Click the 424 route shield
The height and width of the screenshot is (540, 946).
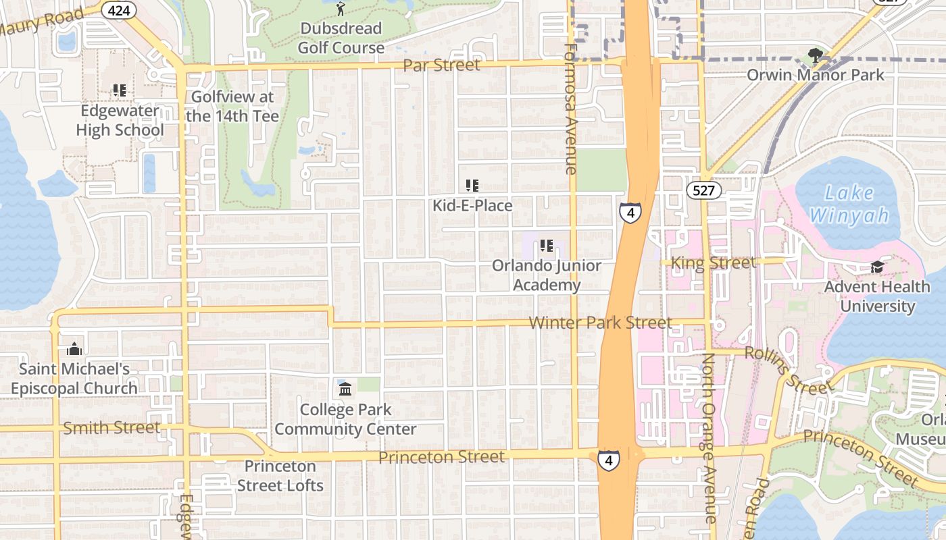(120, 10)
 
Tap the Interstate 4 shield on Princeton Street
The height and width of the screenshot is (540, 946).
(609, 460)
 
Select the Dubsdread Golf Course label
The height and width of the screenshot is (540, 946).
(341, 38)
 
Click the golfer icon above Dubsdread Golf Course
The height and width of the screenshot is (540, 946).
(341, 9)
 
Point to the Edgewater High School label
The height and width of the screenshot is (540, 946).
(120, 120)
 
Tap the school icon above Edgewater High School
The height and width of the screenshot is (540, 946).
(120, 90)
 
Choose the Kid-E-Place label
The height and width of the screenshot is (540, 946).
(472, 205)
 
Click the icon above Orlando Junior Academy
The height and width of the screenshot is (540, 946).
(546, 246)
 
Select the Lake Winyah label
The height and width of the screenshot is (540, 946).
(849, 204)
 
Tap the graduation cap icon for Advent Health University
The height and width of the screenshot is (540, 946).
(877, 267)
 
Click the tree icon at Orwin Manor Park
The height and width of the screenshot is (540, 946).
(816, 55)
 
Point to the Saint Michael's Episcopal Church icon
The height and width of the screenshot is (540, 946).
(74, 349)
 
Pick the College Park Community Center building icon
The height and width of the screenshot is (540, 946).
(345, 389)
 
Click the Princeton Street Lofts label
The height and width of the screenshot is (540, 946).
(280, 476)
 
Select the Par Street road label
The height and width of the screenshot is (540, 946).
(441, 65)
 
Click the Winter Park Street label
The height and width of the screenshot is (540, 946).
(600, 323)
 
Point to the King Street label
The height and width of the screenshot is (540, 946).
(714, 263)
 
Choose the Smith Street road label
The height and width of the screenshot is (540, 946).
(111, 427)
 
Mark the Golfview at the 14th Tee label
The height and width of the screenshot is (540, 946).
(232, 106)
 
